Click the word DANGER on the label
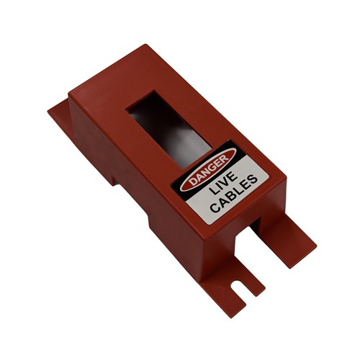tap(209, 170)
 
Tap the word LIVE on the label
tap(222, 184)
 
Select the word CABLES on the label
tap(235, 194)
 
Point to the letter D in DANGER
tap(192, 181)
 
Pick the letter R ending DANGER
tap(225, 160)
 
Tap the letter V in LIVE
tap(226, 181)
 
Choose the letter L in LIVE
tap(212, 192)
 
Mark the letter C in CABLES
tap(215, 208)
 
